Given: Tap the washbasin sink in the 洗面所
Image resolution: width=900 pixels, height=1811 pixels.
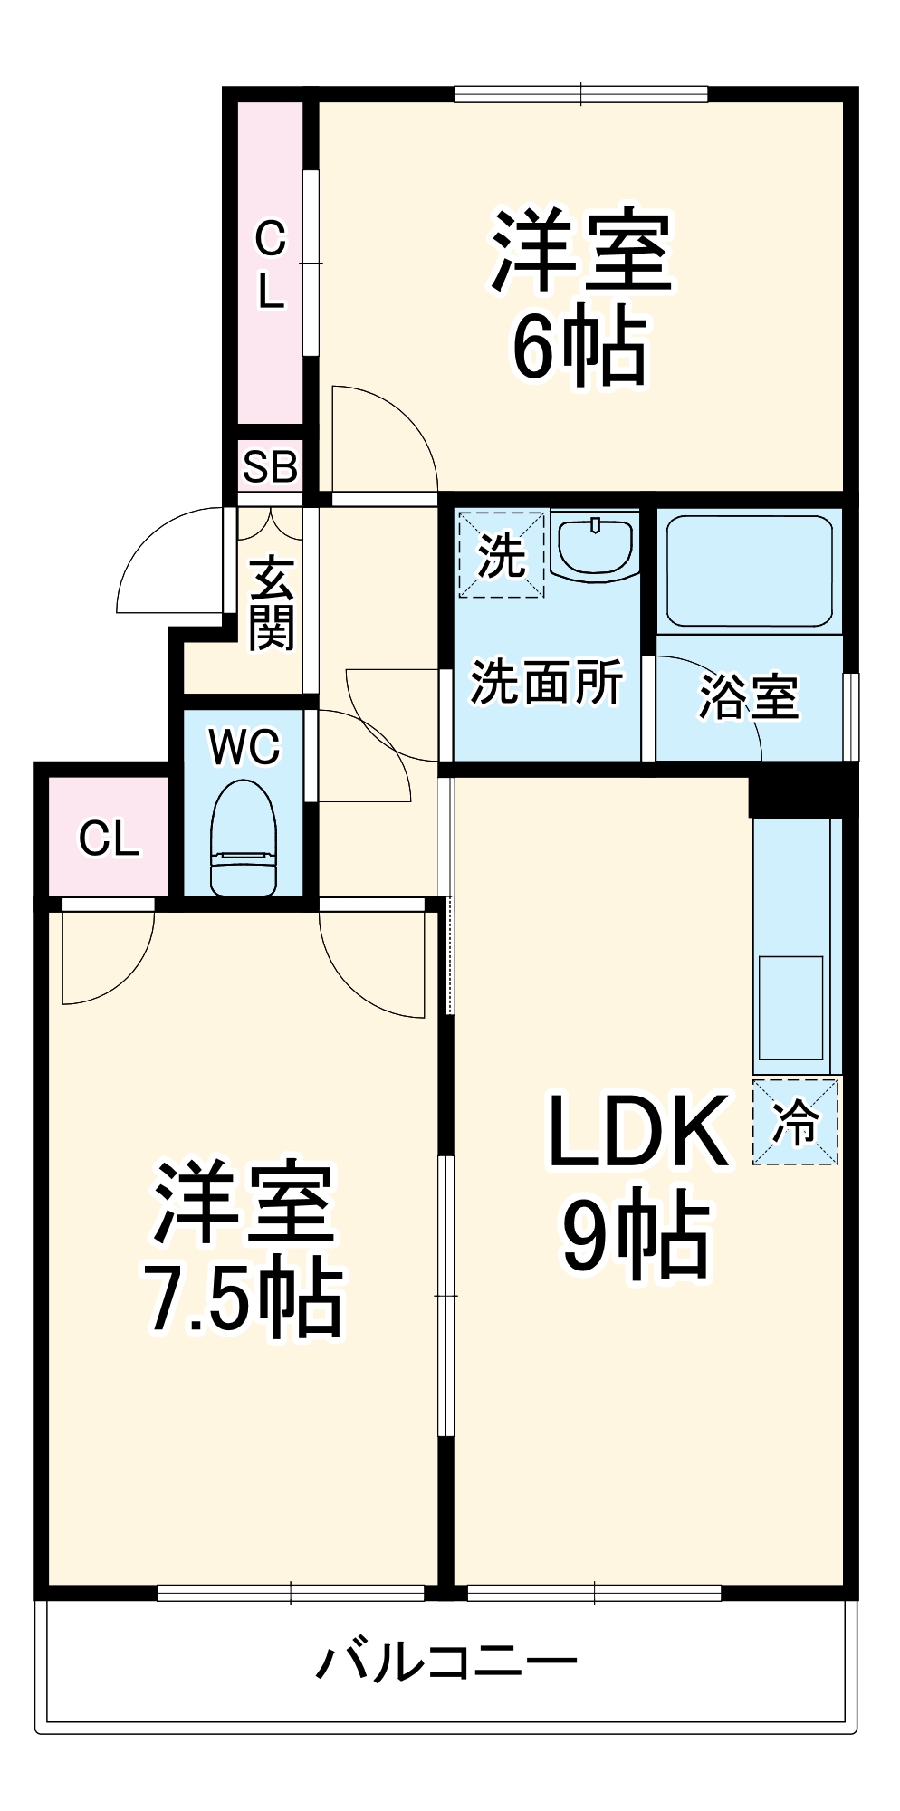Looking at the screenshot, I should coord(594,545).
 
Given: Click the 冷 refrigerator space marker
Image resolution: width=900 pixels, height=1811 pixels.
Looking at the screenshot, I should coord(796,1122).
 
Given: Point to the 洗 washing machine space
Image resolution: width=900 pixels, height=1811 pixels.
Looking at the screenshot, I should coord(501,554).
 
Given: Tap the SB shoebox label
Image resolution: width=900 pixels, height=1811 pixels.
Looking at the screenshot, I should coord(270,467).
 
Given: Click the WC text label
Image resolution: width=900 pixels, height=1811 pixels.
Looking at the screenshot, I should coord(244,747).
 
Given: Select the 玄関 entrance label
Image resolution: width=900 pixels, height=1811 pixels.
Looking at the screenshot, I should coord(272,604).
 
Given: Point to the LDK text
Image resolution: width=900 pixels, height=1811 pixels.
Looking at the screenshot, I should coord(637,1132).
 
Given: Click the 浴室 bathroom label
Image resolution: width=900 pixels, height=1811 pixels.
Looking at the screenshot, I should coord(749,697).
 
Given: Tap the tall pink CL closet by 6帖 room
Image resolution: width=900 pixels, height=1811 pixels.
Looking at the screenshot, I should coord(270,263).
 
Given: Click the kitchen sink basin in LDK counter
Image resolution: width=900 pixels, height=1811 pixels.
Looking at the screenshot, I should coord(791,1007).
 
